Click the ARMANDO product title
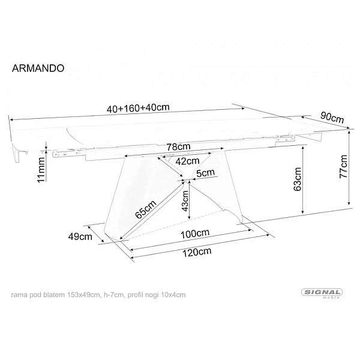pos(38,68)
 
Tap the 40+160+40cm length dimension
pos(138,107)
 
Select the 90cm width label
pos(332,117)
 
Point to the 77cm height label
pos(343,166)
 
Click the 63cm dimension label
pos(298,179)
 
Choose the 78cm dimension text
pos(178,146)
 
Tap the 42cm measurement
pos(187,161)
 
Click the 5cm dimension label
pos(206,172)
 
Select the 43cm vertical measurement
pos(185,201)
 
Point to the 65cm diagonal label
pos(146,209)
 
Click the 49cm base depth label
pos(80,236)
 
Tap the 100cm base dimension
pos(195,234)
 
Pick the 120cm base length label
pos(197,252)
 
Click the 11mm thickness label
pos(41,170)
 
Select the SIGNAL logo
pos(322,293)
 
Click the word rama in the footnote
pos(19,295)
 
